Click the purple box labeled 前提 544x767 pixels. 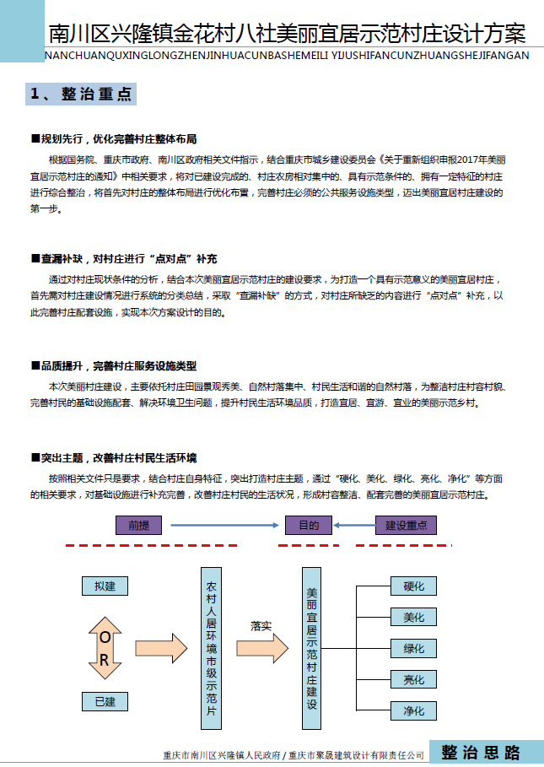pos(137,525)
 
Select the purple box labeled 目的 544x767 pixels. pos(309,525)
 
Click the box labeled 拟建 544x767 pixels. pos(105,586)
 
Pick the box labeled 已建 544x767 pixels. pos(105,701)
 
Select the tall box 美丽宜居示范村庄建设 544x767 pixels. pos(312,648)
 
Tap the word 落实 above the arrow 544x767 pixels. pos(261,626)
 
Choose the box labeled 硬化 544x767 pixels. pos(413,586)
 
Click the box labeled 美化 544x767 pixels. pos(413,617)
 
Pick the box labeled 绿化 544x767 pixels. pos(413,648)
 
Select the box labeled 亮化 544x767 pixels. pos(413,679)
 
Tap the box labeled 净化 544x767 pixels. pos(413,710)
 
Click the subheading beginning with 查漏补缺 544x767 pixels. pos(123,258)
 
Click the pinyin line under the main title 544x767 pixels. pos(285,56)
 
